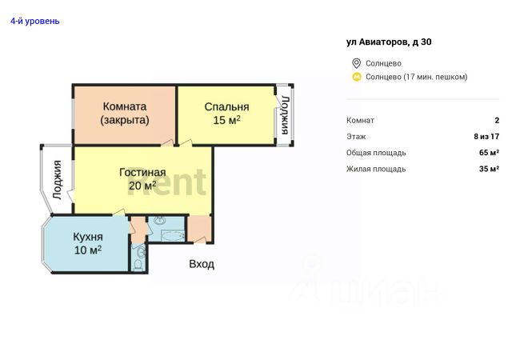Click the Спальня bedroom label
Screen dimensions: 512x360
point(226,106)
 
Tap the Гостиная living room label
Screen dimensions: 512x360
point(142,172)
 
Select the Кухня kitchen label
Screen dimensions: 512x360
point(87,237)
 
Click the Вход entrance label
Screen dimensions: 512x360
point(202,264)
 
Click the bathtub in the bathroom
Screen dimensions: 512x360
point(170,236)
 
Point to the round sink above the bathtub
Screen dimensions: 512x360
point(157,220)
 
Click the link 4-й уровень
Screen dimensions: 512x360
point(34,21)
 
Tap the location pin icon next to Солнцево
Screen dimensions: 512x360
point(357,63)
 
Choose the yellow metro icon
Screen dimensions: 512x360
point(357,77)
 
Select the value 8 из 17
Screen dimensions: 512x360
point(486,137)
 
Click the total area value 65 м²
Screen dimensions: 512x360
point(489,153)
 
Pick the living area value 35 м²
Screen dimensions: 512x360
point(489,169)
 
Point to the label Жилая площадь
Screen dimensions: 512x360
point(376,169)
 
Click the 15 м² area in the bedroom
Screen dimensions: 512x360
point(226,121)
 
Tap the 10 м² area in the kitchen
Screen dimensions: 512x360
point(87,250)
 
